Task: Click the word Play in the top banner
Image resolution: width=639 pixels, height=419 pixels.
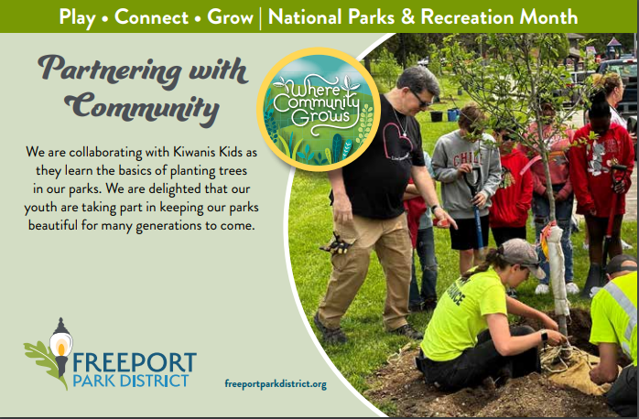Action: point(78,16)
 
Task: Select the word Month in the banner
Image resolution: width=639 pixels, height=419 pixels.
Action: point(547,16)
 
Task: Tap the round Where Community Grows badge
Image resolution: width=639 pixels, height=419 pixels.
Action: point(318,109)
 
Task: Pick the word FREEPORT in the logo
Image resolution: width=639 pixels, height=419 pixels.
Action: point(137,360)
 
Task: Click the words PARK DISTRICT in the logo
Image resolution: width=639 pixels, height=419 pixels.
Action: point(133,379)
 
